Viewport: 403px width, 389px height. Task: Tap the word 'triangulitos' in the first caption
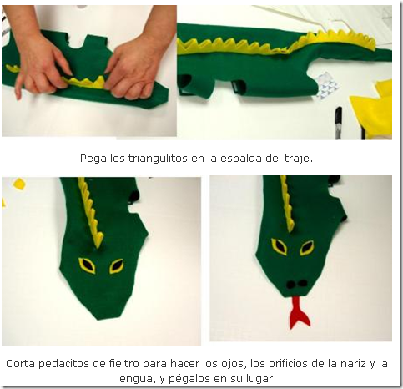[x=158, y=159]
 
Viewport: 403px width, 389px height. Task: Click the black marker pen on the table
[x=338, y=122]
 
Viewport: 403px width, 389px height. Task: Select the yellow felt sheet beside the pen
[x=372, y=109]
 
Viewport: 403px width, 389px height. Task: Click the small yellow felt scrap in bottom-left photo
[x=19, y=184]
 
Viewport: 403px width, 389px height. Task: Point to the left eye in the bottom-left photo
[x=87, y=265]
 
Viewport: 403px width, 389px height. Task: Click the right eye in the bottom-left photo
[x=116, y=266]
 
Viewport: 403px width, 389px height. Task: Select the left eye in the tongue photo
[x=280, y=246]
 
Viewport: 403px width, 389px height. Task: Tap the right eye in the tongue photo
[x=307, y=248]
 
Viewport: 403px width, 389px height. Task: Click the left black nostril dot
[x=290, y=284]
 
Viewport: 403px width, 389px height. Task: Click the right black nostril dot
[x=303, y=283]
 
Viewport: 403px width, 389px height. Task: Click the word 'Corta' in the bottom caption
[x=21, y=364]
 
